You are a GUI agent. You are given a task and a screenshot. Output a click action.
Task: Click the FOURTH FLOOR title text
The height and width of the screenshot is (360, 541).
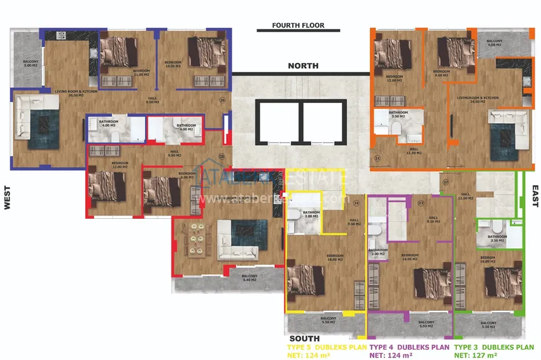click(x=298, y=26)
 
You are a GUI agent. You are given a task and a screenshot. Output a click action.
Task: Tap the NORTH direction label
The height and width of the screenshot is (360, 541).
click(x=303, y=66)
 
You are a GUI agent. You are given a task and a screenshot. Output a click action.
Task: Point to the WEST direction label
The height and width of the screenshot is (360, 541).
click(x=8, y=198)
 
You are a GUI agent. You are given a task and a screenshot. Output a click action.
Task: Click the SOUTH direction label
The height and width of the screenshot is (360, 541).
click(x=304, y=338)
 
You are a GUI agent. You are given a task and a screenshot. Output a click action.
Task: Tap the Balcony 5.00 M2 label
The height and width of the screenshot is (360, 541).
click(x=31, y=64)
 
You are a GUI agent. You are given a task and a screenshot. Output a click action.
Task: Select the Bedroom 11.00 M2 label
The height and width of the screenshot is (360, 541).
click(x=141, y=72)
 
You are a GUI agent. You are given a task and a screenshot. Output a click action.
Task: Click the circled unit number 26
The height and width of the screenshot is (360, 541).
click(x=222, y=100)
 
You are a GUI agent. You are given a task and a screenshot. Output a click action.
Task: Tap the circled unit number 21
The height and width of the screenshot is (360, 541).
click(x=377, y=158)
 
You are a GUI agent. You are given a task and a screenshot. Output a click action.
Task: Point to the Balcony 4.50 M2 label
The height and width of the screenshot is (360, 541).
click(x=495, y=43)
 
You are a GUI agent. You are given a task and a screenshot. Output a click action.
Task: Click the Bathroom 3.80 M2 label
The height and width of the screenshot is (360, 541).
click(x=311, y=214)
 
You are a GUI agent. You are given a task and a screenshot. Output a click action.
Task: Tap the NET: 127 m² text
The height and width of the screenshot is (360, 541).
click(x=474, y=356)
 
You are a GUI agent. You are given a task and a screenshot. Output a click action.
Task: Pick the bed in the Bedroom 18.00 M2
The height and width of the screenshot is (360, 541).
click(x=302, y=280)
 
